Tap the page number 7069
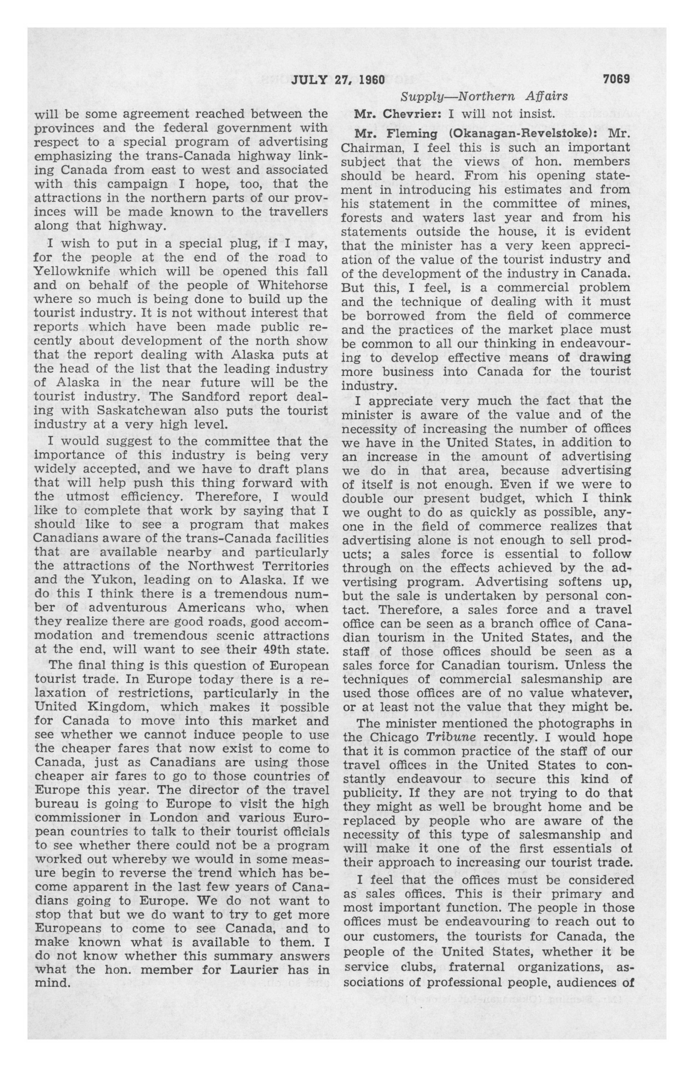click(617, 79)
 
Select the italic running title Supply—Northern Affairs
click(484, 96)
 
